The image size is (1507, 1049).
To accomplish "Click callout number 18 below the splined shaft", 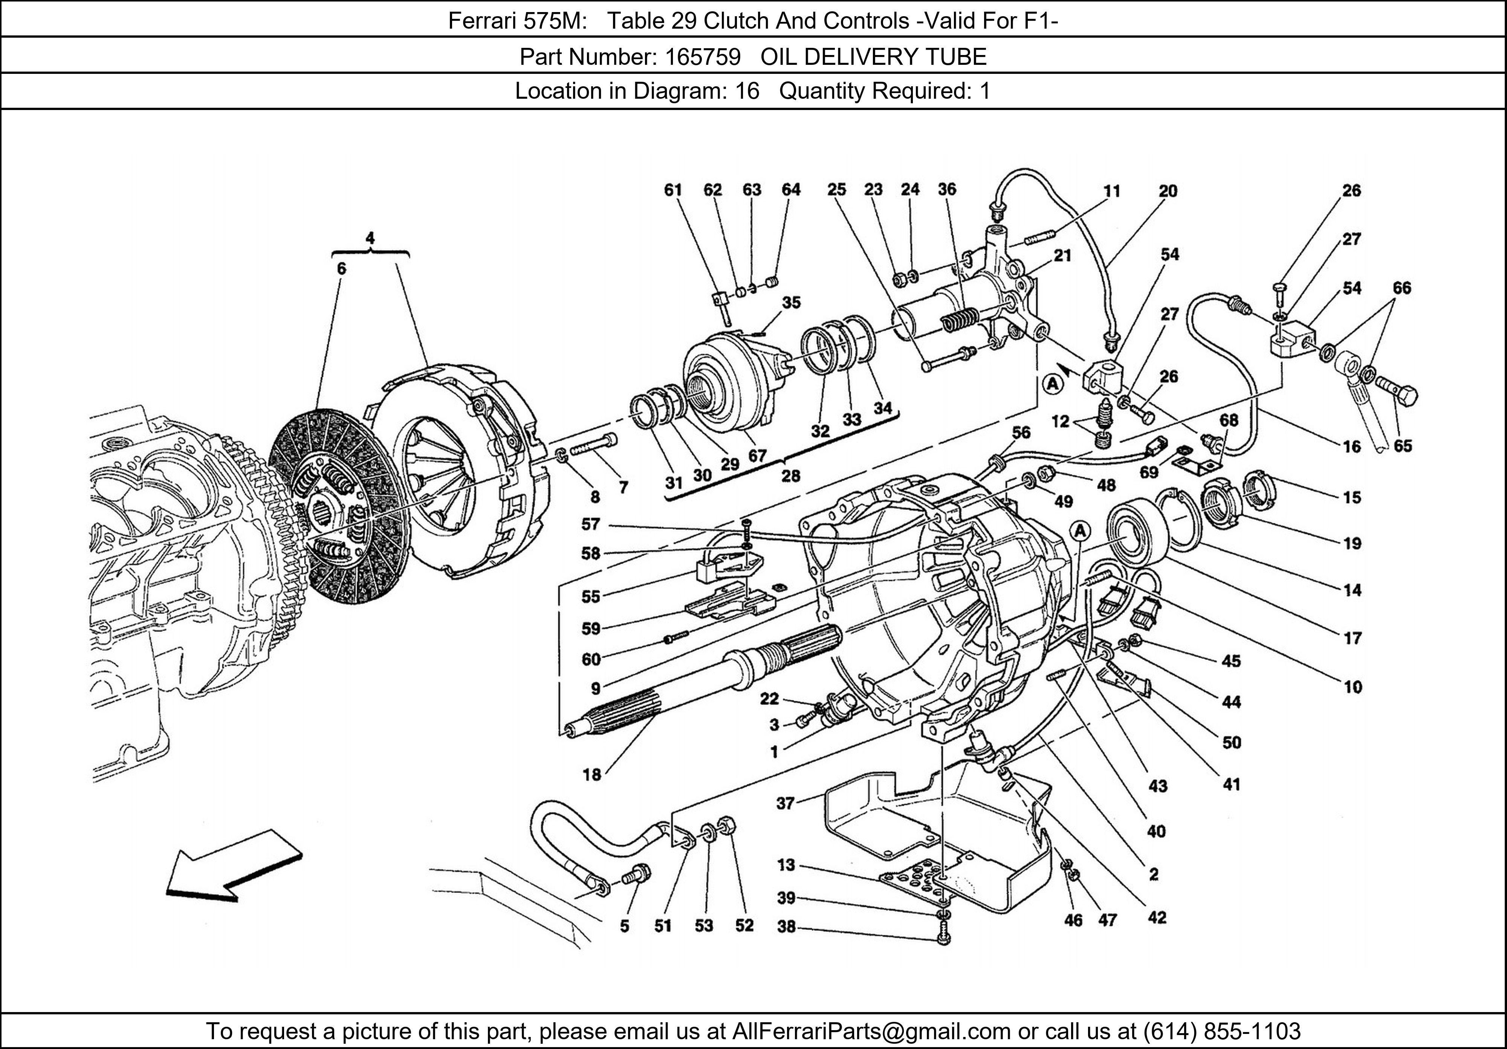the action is point(591,775).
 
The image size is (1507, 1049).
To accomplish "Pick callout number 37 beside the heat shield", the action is point(786,803).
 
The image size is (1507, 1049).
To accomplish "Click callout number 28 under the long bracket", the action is point(790,475).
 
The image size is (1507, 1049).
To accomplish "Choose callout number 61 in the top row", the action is point(673,190).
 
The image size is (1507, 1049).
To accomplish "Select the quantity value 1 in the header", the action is point(984,90).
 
